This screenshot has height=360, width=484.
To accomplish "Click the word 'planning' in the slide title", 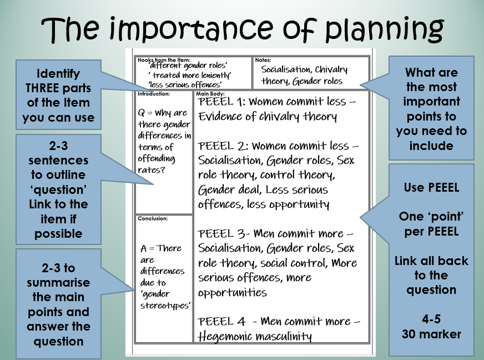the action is pyautogui.click(x=384, y=30).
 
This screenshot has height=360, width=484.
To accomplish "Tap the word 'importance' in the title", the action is pyautogui.click(x=191, y=29).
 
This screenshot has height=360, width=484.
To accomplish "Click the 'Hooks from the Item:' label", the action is pyautogui.click(x=164, y=60).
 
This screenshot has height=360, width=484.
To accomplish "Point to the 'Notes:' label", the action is pyautogui.click(x=263, y=60).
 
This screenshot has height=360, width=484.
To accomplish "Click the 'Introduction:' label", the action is pyautogui.click(x=154, y=94).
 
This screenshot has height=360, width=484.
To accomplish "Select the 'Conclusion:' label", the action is pyautogui.click(x=153, y=218).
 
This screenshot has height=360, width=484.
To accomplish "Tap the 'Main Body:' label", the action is pyautogui.click(x=210, y=93).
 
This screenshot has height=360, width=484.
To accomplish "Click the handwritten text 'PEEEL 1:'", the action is pyautogui.click(x=221, y=102).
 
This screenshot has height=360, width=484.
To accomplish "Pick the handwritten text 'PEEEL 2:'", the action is pyautogui.click(x=223, y=146).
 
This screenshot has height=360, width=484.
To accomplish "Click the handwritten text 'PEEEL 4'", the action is pyautogui.click(x=221, y=321).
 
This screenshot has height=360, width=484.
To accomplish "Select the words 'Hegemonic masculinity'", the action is pyautogui.click(x=255, y=336).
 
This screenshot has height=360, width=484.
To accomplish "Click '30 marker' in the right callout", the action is pyautogui.click(x=431, y=334).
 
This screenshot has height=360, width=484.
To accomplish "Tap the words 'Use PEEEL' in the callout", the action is pyautogui.click(x=431, y=188).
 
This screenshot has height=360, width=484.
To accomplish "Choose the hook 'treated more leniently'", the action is pyautogui.click(x=189, y=75).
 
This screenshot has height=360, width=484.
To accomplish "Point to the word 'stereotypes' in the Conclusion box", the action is pyautogui.click(x=166, y=306).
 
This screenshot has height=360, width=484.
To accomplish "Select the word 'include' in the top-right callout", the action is pyautogui.click(x=431, y=146).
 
